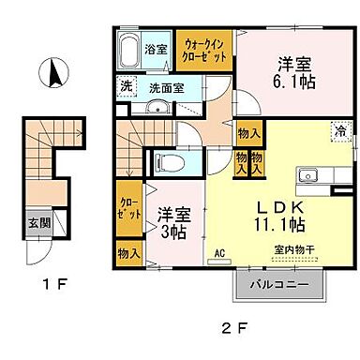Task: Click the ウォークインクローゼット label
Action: click(203, 49)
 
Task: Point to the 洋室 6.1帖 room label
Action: click(293, 73)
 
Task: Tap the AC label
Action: click(219, 252)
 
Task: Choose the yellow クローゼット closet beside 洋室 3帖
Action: click(128, 207)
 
